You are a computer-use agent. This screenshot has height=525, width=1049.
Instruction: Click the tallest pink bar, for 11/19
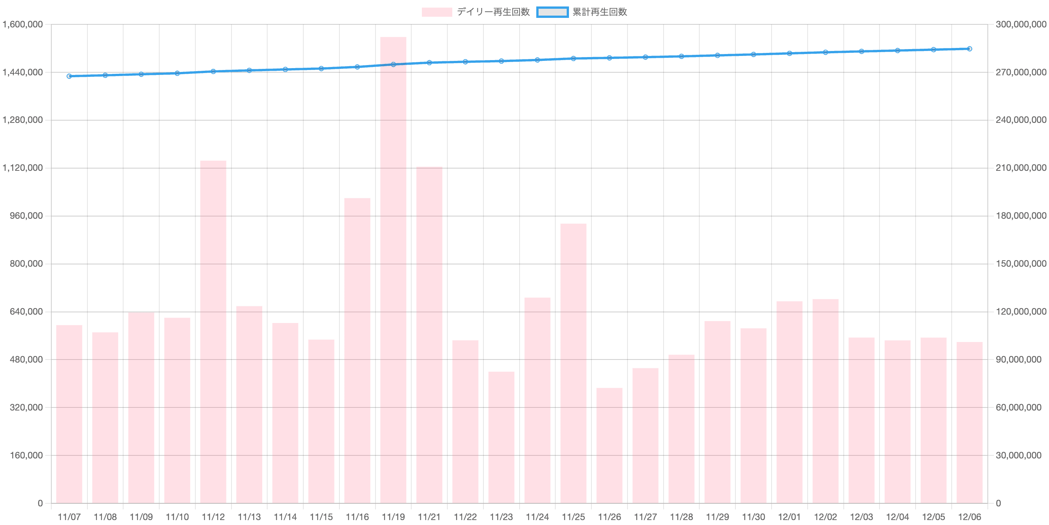pos(393,269)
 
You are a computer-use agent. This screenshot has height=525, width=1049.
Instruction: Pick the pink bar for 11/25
pos(573,363)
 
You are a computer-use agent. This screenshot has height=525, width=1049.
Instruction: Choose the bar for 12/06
pos(969,422)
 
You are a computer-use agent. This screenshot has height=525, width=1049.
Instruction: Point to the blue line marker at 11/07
pos(69,76)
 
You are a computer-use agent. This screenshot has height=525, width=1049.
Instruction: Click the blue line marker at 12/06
pos(970,49)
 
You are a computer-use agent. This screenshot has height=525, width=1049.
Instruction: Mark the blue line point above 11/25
pos(573,59)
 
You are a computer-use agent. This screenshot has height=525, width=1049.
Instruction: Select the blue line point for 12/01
pos(789,53)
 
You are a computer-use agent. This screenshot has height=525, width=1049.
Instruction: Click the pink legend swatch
pos(437,12)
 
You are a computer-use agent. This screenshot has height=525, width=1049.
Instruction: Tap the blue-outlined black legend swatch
pos(552,12)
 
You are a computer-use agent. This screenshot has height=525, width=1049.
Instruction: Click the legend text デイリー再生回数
pos(493,12)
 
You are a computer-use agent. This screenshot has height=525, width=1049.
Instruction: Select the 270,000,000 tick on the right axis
pos(1020,73)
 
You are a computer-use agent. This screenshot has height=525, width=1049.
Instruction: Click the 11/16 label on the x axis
pos(357,517)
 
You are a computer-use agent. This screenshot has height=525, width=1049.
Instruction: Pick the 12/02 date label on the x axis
pos(826,517)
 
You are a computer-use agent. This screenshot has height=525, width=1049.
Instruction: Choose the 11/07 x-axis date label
pos(69,517)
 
